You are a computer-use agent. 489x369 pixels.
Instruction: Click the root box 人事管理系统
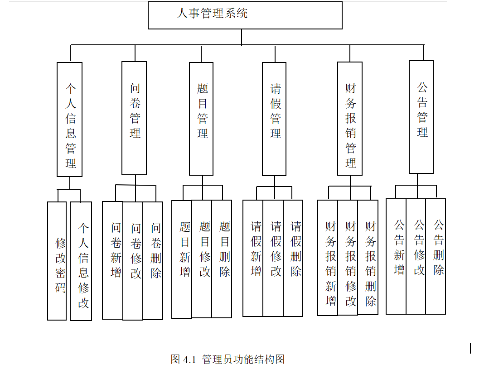pos(245,15)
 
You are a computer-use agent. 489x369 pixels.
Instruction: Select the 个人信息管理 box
pos(70,119)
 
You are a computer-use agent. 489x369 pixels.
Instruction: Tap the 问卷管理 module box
pos(134,118)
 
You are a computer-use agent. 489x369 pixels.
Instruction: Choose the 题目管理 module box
pos(201,119)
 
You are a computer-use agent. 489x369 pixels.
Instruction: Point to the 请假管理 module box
pos(274,119)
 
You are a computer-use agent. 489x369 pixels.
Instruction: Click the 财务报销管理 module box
pos(350,119)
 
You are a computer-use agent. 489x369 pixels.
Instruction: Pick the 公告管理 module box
pos(421,117)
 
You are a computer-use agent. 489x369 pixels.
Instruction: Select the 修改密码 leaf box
pos(57,261)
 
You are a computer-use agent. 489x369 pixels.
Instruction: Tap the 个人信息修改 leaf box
pos(81,261)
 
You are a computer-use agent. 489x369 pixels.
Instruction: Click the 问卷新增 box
pos(113,260)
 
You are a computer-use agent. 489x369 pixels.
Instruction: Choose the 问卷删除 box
pos(153,260)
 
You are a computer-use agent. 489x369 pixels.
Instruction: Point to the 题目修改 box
pos(202,259)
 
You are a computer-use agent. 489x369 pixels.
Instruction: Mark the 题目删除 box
pos(222,259)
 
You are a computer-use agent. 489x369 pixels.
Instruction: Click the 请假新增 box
pos(253,258)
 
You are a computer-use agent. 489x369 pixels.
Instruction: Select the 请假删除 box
pos(293,258)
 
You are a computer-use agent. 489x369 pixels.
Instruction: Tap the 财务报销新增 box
pos(328,258)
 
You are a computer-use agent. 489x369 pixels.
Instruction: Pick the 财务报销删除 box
pos(368,258)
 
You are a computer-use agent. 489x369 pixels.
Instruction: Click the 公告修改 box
pos(416,256)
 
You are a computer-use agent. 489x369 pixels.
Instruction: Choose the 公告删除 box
pos(436,256)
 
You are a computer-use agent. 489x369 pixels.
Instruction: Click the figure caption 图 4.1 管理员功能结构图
pos(228,359)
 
